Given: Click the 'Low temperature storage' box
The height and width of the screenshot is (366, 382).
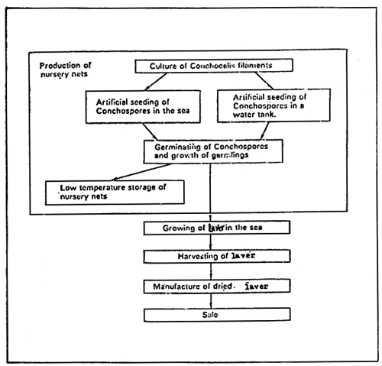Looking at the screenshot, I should click(x=115, y=192).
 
